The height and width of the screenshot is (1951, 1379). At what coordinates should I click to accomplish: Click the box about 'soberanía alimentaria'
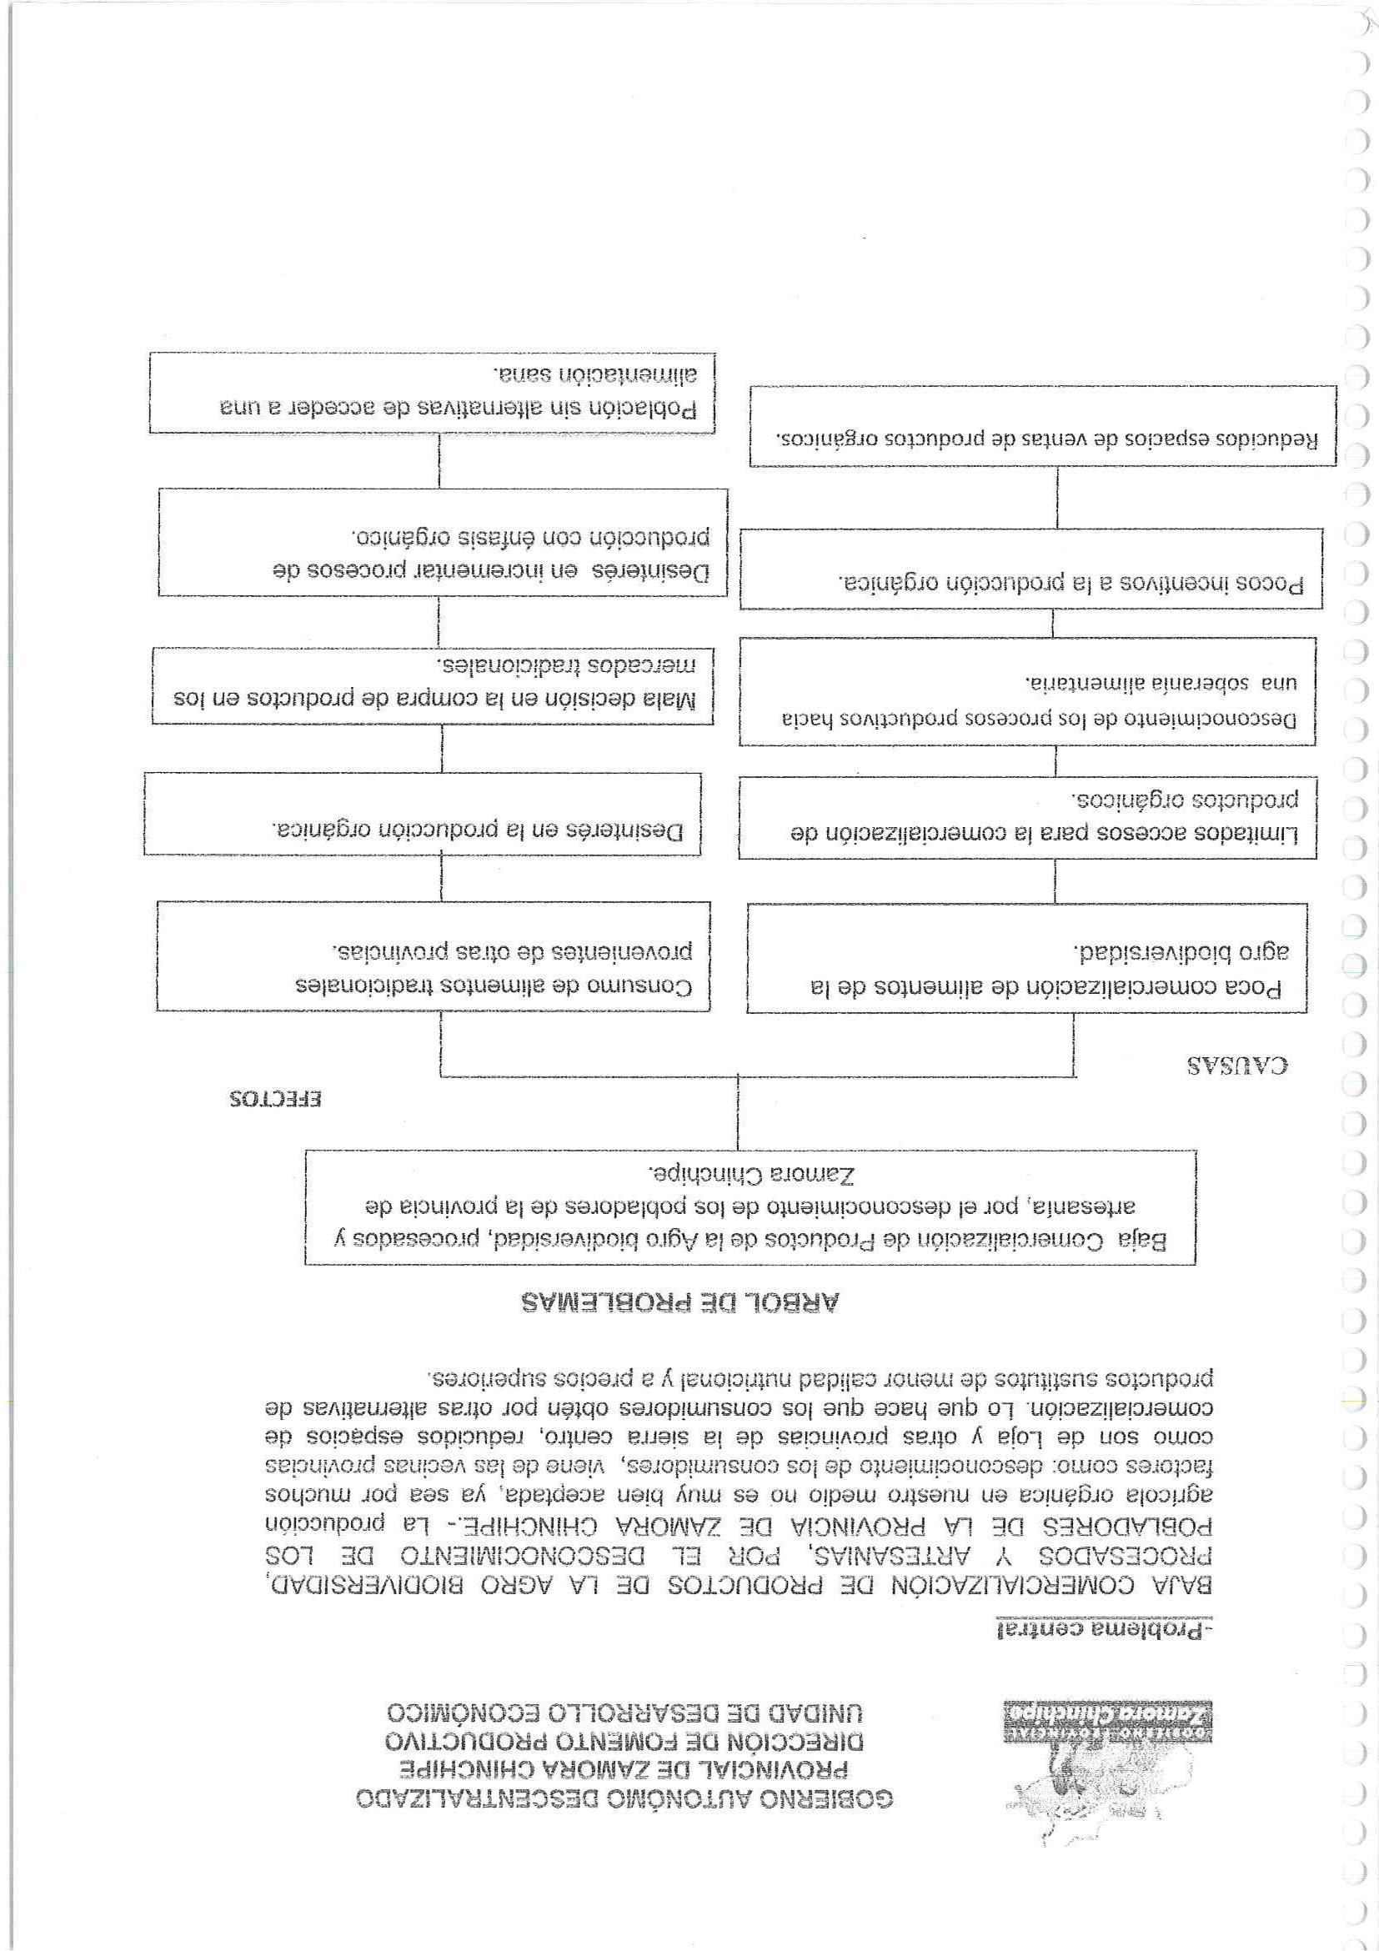click(x=1026, y=691)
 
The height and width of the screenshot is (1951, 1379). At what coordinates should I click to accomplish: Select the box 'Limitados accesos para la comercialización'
click(x=1027, y=816)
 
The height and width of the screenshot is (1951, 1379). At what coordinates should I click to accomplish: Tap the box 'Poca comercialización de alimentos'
click(x=1027, y=958)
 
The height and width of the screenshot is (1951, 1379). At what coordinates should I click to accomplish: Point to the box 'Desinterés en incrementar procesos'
click(x=443, y=541)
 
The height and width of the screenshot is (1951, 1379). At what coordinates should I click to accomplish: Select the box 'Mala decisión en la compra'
click(x=433, y=684)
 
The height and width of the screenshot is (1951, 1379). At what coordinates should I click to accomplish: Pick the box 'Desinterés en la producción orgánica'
click(x=422, y=813)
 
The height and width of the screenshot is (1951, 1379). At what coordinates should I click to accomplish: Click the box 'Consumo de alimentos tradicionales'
click(x=434, y=956)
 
